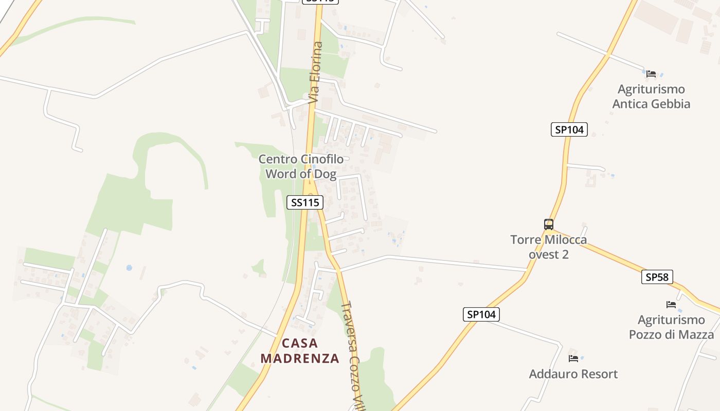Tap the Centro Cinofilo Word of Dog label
301,166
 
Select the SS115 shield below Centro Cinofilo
304,202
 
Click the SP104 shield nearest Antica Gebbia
569,129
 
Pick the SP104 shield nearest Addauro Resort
481,314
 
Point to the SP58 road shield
657,277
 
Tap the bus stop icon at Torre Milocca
549,225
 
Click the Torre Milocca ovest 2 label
549,247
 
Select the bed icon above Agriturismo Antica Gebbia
651,73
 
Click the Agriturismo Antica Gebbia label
651,97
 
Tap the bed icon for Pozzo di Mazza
671,304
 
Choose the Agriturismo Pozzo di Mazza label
671,327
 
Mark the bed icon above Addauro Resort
573,358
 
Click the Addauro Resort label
573,374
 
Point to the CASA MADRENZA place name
300,350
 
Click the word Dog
325,174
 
